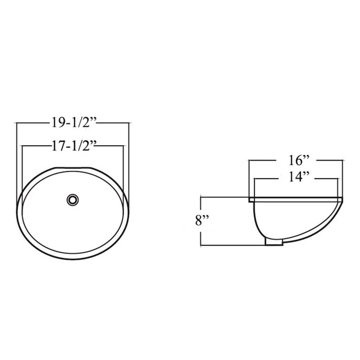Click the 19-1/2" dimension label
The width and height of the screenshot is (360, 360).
point(73,123)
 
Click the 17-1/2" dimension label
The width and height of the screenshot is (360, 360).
point(73,146)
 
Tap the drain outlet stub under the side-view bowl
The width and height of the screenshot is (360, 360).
point(274,241)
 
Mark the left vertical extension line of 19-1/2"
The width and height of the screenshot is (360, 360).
point(17,162)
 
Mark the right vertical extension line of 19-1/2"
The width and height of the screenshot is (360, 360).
point(129,162)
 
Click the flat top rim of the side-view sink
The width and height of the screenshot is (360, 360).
point(295,199)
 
